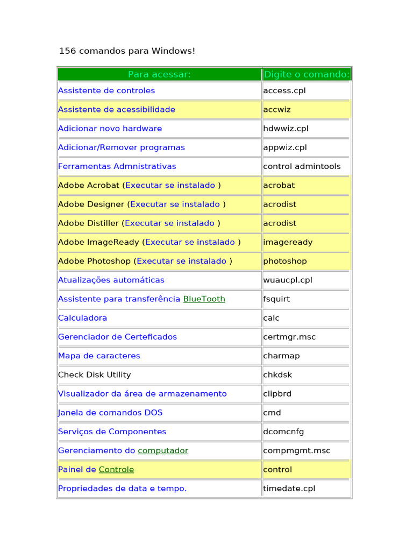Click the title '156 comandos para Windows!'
[x=127, y=51]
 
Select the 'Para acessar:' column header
[x=159, y=74]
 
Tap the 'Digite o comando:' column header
[x=307, y=74]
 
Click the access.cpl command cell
[x=284, y=90]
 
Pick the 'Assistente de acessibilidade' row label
[x=117, y=109]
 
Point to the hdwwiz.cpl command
[x=286, y=128]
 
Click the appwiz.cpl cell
[x=284, y=147]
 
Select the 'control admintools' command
[x=302, y=166]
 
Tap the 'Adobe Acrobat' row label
[x=89, y=185]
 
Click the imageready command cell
[x=288, y=242]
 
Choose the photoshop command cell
[x=285, y=261]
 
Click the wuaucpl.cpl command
[x=288, y=280]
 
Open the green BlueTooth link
[x=204, y=299]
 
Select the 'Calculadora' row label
[x=82, y=318]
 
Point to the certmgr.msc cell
[x=289, y=337]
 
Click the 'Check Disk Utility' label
[x=94, y=375]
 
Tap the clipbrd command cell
[x=277, y=393]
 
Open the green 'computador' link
[x=163, y=450]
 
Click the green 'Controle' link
[x=116, y=469]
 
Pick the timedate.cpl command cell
[x=289, y=489]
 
